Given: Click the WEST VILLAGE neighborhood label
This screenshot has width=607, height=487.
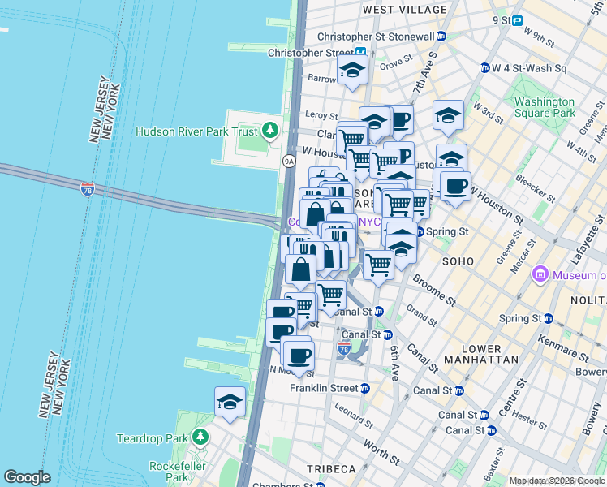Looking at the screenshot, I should (404, 10).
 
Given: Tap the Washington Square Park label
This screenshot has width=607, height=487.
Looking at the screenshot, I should (544, 108).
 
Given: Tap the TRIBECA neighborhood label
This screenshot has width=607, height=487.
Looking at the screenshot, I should (330, 470).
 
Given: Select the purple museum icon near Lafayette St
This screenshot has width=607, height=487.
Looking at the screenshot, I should (540, 276).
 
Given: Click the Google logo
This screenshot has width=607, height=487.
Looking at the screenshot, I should (27, 476).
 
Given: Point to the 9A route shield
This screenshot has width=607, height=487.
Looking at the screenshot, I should (289, 162).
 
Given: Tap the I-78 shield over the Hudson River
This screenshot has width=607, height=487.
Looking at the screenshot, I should (88, 190).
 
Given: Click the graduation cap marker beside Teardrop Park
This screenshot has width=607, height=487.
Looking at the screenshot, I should (230, 402).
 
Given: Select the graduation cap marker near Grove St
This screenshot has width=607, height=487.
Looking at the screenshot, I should (353, 70).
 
